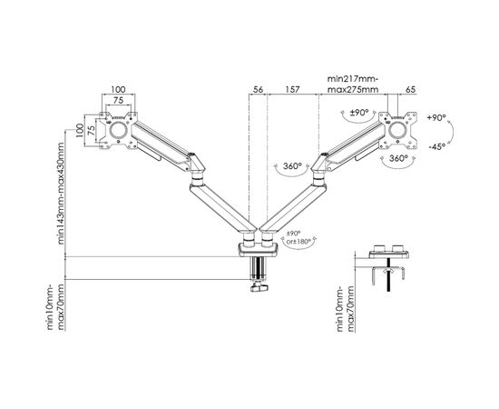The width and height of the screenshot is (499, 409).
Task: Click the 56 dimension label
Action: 258,91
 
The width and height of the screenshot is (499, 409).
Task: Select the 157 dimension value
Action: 292,91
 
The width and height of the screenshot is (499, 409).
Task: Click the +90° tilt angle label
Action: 438,118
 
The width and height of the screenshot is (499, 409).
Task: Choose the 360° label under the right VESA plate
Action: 398,157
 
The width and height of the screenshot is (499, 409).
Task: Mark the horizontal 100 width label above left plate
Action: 118,91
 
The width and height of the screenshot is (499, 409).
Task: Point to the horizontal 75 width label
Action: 118,103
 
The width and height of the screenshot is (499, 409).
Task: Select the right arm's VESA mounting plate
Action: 397,128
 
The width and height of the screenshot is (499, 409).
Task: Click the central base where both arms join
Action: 258,245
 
